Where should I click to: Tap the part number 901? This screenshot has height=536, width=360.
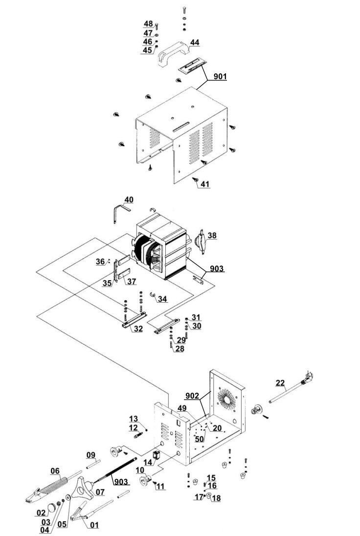coord(220,76)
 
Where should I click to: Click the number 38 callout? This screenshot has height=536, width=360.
coord(212,236)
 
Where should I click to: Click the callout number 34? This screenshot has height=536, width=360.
coord(162,299)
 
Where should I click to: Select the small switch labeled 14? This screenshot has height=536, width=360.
coord(157,455)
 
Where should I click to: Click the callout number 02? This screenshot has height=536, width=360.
coord(42,513)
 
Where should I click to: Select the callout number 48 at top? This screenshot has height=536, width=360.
coord(148,23)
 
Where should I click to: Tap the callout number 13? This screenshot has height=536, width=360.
coord(134,419)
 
